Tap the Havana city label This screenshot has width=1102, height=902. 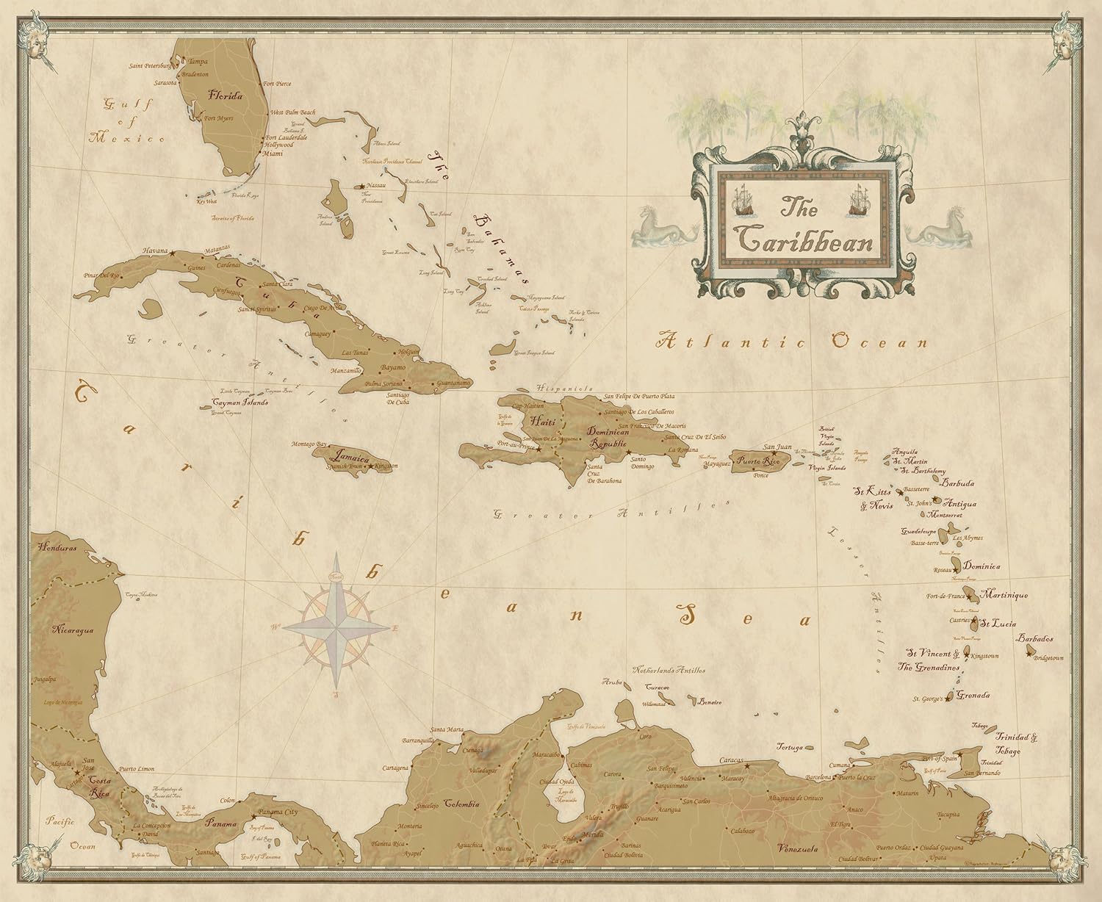[155, 250]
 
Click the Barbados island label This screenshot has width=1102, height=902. [1035, 638]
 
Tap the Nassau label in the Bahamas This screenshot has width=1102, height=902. [378, 187]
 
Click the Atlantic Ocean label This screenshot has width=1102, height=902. [793, 342]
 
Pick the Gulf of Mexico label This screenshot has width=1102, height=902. [126, 120]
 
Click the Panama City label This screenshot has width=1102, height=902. [278, 812]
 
